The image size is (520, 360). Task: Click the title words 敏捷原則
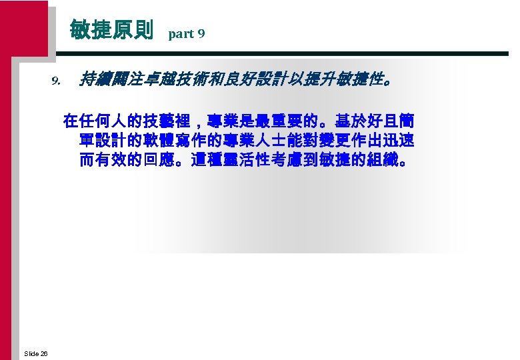pyautogui.click(x=111, y=30)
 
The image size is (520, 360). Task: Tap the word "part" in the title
pyautogui.click(x=180, y=33)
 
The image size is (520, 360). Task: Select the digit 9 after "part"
pyautogui.click(x=201, y=33)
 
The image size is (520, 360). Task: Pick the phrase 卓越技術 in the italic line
pyautogui.click(x=174, y=80)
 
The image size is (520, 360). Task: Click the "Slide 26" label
pyautogui.click(x=35, y=353)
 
